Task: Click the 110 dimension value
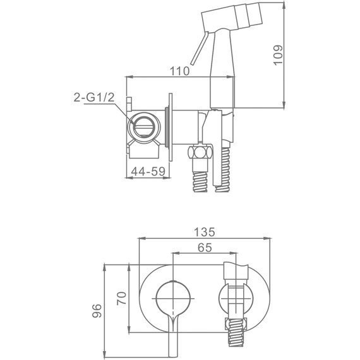pyautogui.click(x=179, y=71)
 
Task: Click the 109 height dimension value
pyautogui.click(x=278, y=55)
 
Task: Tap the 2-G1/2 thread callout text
pyautogui.click(x=94, y=97)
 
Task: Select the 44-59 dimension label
pyautogui.click(x=148, y=171)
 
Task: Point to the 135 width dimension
pyautogui.click(x=205, y=232)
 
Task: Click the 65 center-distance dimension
pyautogui.click(x=205, y=248)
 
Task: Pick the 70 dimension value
pyautogui.click(x=122, y=298)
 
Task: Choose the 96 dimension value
pyautogui.click(x=97, y=311)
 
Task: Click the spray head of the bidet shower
pyautogui.click(x=232, y=16)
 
